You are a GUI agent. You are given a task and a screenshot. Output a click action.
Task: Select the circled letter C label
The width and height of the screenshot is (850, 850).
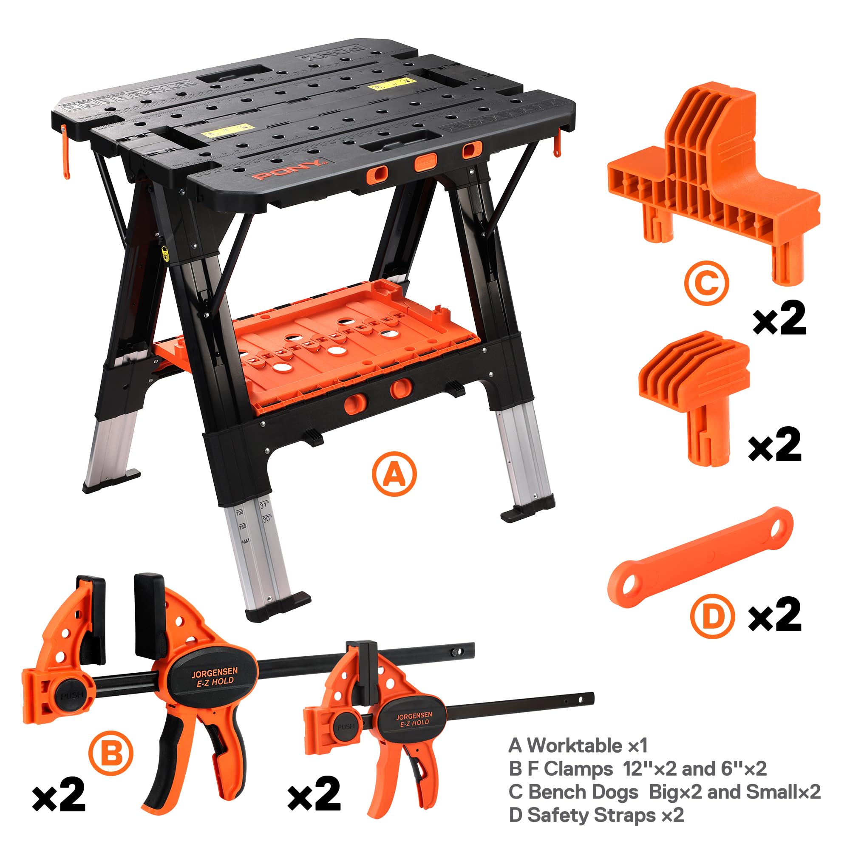[x=706, y=283]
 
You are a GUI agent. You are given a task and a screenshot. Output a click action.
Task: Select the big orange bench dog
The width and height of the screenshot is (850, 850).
[x=713, y=176]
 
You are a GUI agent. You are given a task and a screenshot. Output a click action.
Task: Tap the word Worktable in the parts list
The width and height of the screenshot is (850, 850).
[x=574, y=745]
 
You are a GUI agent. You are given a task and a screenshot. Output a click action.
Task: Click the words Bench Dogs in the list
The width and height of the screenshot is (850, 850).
[x=583, y=792]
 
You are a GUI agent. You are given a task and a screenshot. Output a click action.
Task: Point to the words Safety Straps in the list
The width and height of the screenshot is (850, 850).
[x=591, y=815]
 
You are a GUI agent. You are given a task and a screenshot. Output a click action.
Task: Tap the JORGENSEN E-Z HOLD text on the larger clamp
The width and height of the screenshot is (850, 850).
[x=215, y=677]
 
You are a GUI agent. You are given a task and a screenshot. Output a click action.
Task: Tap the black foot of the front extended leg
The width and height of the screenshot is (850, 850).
[x=277, y=606]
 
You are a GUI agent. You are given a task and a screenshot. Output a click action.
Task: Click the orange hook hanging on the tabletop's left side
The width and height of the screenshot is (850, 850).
[x=65, y=152]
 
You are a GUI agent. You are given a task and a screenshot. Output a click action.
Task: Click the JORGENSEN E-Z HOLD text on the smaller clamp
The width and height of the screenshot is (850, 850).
[x=414, y=720]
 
